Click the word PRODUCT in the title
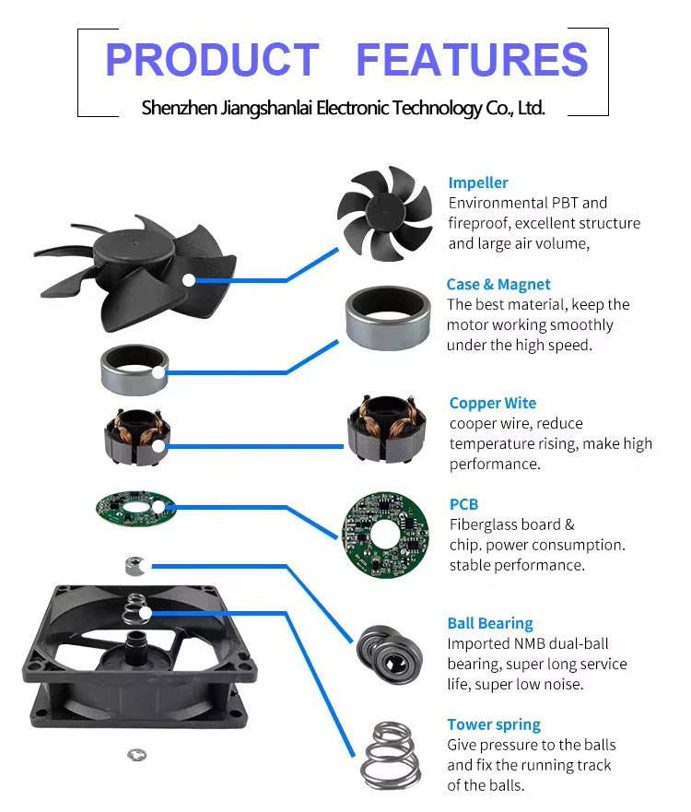[x=212, y=60]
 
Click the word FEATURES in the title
[x=471, y=60]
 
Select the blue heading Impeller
[x=477, y=182]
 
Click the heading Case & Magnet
[x=498, y=285]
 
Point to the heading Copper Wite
[x=492, y=403]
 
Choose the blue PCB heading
[x=463, y=504]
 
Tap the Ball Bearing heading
[x=489, y=623]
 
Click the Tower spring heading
[x=494, y=724]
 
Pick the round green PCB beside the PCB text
[x=385, y=535]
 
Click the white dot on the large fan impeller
[x=188, y=279]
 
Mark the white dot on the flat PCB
[x=158, y=507]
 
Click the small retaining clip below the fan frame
[x=135, y=755]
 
